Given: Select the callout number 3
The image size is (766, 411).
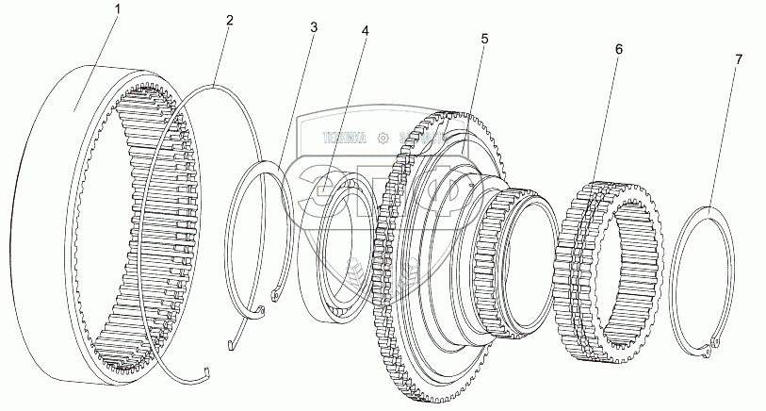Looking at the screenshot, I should pyautogui.click(x=313, y=27).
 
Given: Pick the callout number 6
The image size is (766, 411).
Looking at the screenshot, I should pyautogui.click(x=617, y=48).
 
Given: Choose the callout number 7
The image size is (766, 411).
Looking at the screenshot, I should pyautogui.click(x=738, y=59).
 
